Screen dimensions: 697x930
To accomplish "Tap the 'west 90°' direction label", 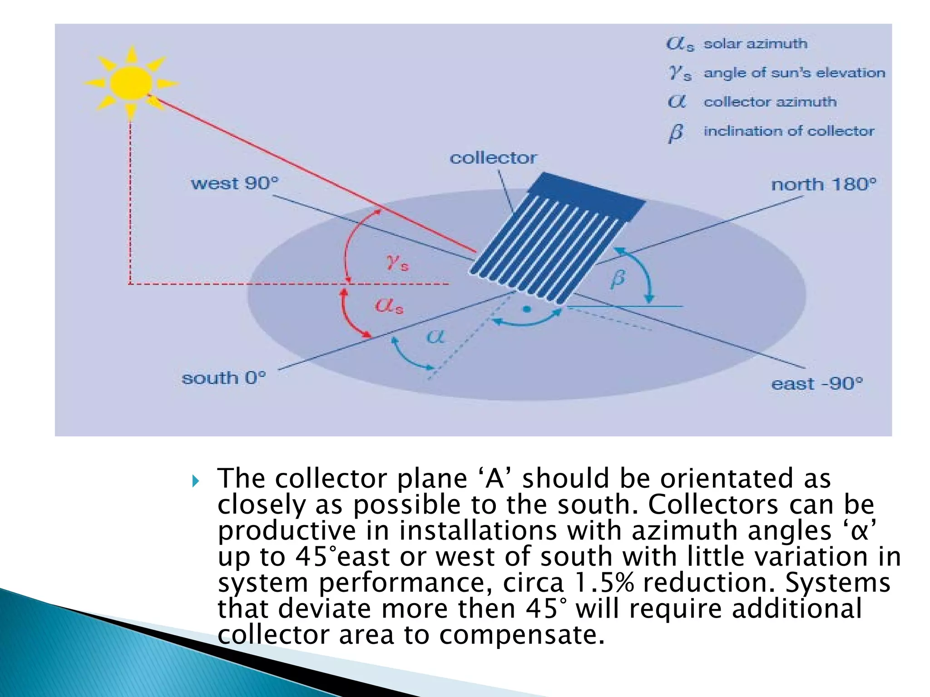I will click(x=234, y=183).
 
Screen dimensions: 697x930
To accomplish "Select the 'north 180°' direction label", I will click(x=823, y=185).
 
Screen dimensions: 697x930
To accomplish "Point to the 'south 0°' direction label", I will click(x=223, y=378).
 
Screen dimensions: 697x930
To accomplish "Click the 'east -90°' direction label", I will click(x=816, y=384).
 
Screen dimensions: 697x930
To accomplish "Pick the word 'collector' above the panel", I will click(x=493, y=158).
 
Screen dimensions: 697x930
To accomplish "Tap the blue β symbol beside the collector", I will click(x=618, y=278).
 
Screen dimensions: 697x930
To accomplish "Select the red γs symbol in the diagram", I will click(x=397, y=262).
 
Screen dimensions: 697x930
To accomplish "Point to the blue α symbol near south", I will click(x=435, y=336).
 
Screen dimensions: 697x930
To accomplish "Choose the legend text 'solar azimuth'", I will click(x=755, y=44).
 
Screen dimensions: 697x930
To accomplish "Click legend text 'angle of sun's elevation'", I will click(x=794, y=73).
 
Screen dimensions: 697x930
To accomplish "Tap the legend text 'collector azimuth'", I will click(x=770, y=102).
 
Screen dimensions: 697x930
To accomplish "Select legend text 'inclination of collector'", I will click(x=789, y=131).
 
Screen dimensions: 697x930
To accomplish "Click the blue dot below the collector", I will click(x=527, y=309).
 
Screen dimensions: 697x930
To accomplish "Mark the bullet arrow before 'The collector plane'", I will click(x=196, y=481).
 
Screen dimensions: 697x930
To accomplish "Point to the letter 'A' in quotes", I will click(x=495, y=479).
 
